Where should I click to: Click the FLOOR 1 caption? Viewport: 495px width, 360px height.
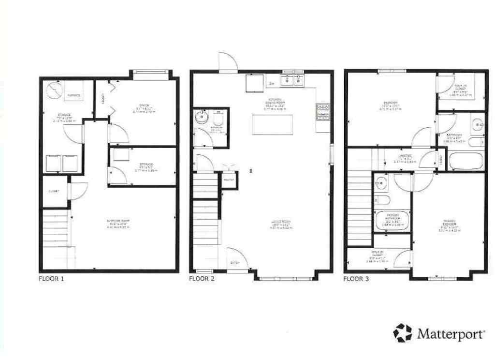(x=51, y=279)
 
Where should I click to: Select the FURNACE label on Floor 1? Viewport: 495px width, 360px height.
(x=73, y=96)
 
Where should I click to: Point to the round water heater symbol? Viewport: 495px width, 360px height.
(x=54, y=90)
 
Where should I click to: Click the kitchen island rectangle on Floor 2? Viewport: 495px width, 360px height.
(x=273, y=125)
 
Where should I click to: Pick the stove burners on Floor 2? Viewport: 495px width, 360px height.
(x=322, y=112)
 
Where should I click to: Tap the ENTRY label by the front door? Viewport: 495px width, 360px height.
(x=234, y=262)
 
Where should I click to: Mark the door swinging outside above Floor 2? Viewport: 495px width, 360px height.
(x=227, y=61)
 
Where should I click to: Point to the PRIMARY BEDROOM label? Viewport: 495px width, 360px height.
(x=448, y=225)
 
